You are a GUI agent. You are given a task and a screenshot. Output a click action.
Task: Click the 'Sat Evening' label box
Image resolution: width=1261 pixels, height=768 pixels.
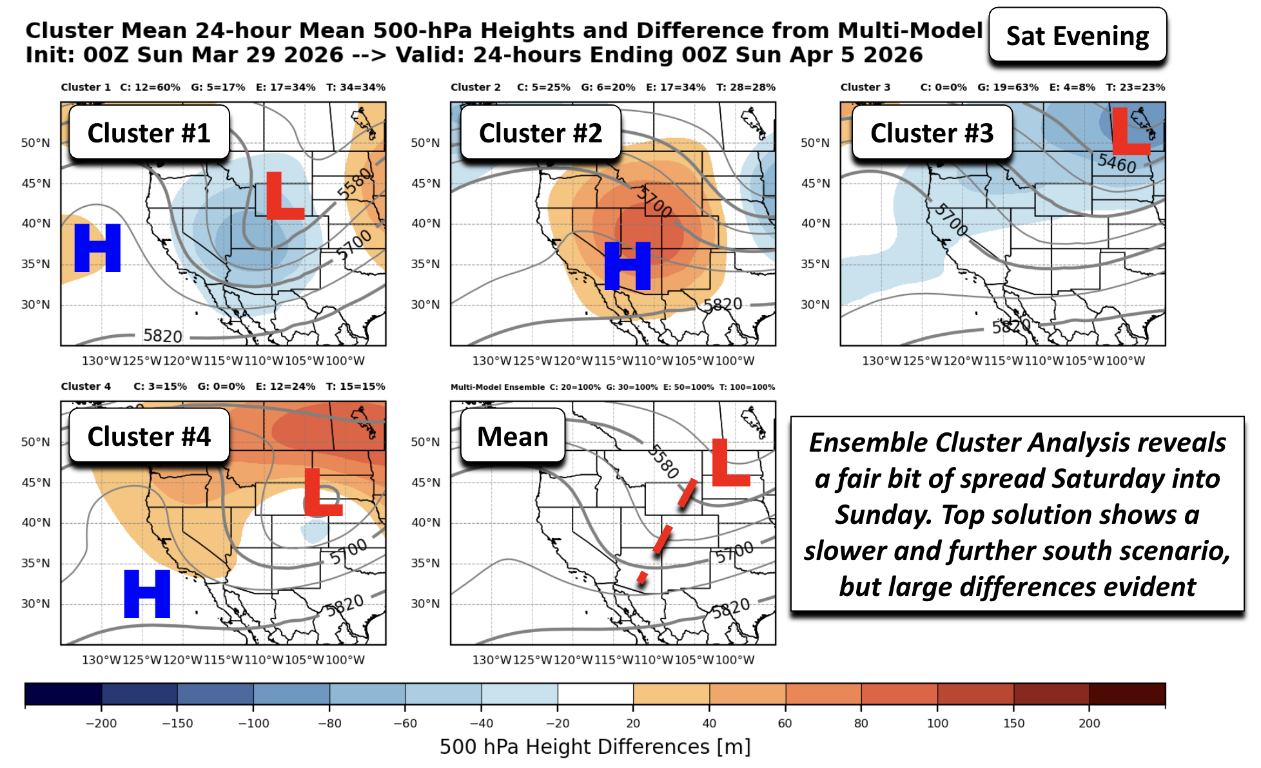point(1077,36)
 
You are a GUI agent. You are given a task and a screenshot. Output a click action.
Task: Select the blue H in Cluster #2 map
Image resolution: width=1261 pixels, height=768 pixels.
point(627,266)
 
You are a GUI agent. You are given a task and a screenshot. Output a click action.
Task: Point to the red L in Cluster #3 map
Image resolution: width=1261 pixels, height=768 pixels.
point(1129,132)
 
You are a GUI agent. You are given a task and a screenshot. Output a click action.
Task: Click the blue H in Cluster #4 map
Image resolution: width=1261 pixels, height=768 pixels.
point(147,593)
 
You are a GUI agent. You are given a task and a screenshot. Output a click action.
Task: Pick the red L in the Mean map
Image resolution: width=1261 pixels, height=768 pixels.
point(728,463)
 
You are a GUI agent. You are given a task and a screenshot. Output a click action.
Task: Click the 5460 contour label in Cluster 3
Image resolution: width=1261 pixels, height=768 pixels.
point(1117,163)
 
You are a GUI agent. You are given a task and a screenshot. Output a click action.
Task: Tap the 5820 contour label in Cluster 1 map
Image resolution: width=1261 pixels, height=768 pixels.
point(162,336)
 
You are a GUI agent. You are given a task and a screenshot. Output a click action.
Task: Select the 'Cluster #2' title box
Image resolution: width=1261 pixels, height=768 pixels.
point(540,133)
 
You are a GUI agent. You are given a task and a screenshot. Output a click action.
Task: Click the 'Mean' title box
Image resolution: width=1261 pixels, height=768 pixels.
point(513,436)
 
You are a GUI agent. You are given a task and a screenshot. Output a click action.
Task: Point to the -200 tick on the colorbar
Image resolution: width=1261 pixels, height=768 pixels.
point(101,723)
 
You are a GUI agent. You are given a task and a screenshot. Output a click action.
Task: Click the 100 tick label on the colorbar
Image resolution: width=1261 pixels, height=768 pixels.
point(937,723)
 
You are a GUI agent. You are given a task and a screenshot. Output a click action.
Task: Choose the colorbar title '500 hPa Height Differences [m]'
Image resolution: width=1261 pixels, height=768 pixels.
point(594,747)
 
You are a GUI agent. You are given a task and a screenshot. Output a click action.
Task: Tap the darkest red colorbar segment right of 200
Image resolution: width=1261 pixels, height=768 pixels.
point(1127,694)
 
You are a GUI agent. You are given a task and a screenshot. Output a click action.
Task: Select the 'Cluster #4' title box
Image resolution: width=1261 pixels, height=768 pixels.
point(149,436)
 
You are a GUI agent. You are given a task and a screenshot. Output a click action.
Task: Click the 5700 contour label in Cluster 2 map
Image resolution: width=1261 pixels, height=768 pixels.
point(654,202)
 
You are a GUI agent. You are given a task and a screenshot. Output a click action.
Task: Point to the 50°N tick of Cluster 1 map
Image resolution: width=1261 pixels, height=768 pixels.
point(35,143)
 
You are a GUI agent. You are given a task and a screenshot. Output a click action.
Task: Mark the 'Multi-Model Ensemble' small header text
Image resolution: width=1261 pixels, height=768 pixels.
point(497,387)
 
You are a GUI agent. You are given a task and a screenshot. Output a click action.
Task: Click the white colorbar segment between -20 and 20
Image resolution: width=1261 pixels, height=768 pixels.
point(595,694)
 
